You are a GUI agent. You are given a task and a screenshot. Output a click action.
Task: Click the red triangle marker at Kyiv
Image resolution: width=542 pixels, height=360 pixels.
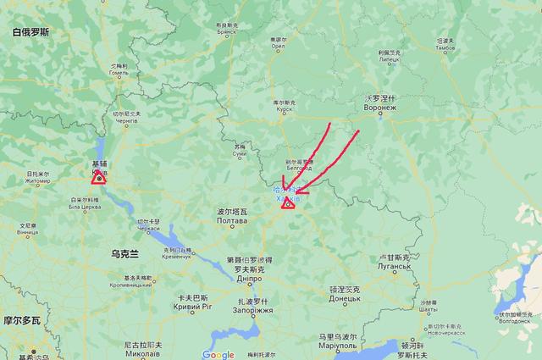(99, 177)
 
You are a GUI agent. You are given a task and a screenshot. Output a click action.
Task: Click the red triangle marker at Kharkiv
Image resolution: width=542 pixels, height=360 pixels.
(288, 202)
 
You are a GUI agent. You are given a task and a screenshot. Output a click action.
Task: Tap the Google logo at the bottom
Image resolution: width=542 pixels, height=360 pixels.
(218, 354)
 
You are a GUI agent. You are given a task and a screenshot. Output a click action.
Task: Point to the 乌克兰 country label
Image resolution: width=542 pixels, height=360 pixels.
(124, 253)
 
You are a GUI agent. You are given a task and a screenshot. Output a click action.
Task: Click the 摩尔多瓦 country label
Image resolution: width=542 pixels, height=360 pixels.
(20, 321)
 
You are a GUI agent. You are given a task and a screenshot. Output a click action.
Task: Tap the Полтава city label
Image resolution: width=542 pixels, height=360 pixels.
(233, 220)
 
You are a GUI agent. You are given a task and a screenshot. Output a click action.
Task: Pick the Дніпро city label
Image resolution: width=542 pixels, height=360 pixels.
(249, 278)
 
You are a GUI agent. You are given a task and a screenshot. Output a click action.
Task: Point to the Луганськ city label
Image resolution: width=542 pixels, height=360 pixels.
(394, 266)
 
